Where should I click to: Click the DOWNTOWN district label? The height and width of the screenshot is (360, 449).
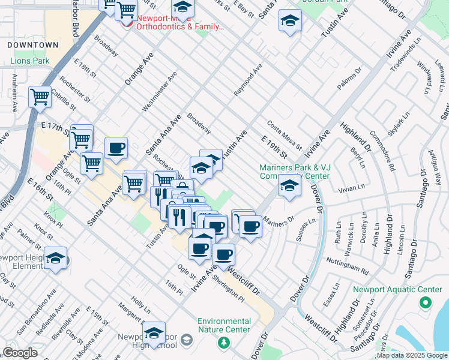[33, 45]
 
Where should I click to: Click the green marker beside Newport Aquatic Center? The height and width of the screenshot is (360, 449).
[425, 303]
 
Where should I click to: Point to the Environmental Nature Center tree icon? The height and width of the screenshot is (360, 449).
[224, 342]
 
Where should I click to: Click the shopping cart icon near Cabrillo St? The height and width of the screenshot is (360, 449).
[40, 96]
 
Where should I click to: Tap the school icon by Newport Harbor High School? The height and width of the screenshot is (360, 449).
[154, 332]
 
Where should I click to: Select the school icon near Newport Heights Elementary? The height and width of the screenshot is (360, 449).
[55, 258]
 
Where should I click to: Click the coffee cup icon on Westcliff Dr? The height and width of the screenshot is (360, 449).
[224, 254]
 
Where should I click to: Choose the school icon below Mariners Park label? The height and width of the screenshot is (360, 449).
[289, 186]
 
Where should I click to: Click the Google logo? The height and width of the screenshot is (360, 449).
[20, 353]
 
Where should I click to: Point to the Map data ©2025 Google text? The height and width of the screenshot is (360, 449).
[412, 356]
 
